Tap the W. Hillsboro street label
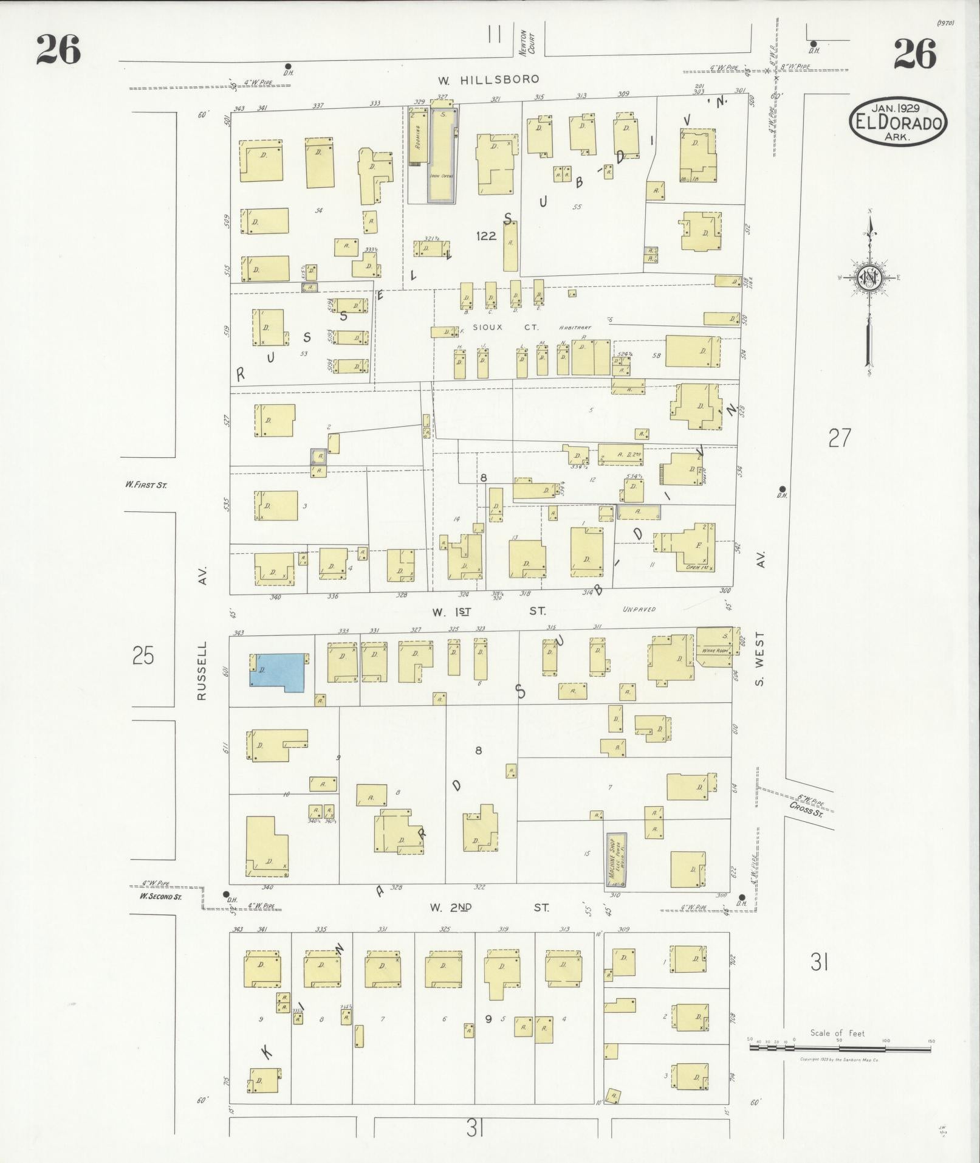pos(488,80)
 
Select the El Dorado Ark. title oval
pos(898,121)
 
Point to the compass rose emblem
pos(869,278)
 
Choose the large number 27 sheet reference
pos(839,438)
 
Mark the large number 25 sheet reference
pos(143,657)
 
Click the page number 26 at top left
pos(58,50)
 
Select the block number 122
pos(487,236)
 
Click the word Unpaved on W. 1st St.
pos(639,609)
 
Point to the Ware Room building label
pos(715,651)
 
